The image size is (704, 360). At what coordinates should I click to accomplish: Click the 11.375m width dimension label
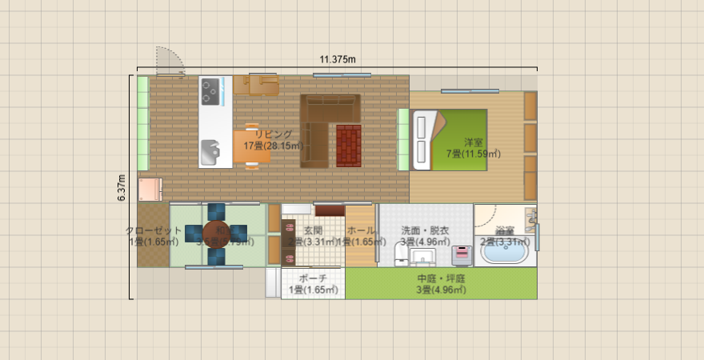pyautogui.click(x=337, y=59)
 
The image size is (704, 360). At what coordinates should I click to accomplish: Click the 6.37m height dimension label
pyautogui.click(x=122, y=188)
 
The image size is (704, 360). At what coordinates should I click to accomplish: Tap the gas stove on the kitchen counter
pyautogui.click(x=210, y=90)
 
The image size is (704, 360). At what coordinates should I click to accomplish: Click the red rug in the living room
pyautogui.click(x=349, y=145)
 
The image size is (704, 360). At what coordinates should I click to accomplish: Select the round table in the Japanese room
pyautogui.click(x=216, y=234)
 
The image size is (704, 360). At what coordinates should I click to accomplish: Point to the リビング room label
pyautogui.click(x=274, y=134)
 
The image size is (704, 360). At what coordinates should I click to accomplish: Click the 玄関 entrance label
pyautogui.click(x=313, y=230)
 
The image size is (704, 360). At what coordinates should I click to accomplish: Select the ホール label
pyautogui.click(x=361, y=230)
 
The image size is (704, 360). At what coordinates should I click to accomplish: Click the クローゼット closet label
pyautogui.click(x=153, y=230)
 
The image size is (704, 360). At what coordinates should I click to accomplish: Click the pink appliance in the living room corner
pyautogui.click(x=150, y=190)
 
